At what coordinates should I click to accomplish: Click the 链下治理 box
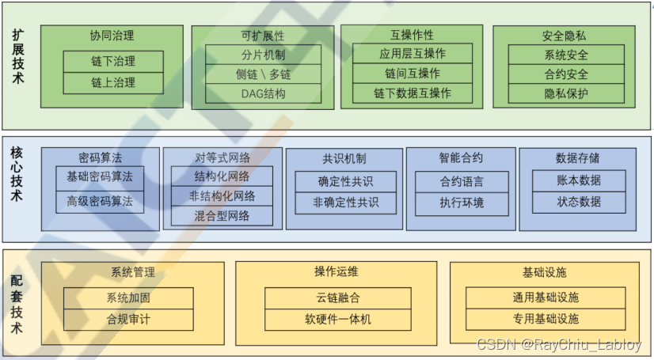point(112,62)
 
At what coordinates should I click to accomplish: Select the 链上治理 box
point(112,82)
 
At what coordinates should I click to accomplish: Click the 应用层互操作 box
point(412,54)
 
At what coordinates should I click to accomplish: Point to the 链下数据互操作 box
point(412,93)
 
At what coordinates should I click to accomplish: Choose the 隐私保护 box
point(565,94)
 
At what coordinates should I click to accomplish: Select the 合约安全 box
point(565,74)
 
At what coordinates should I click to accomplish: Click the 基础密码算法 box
point(100,177)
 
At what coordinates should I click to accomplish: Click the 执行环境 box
point(462,203)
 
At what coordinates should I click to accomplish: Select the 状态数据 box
point(578,202)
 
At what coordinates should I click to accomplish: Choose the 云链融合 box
point(337,298)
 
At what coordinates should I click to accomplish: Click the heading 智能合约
point(461,157)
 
